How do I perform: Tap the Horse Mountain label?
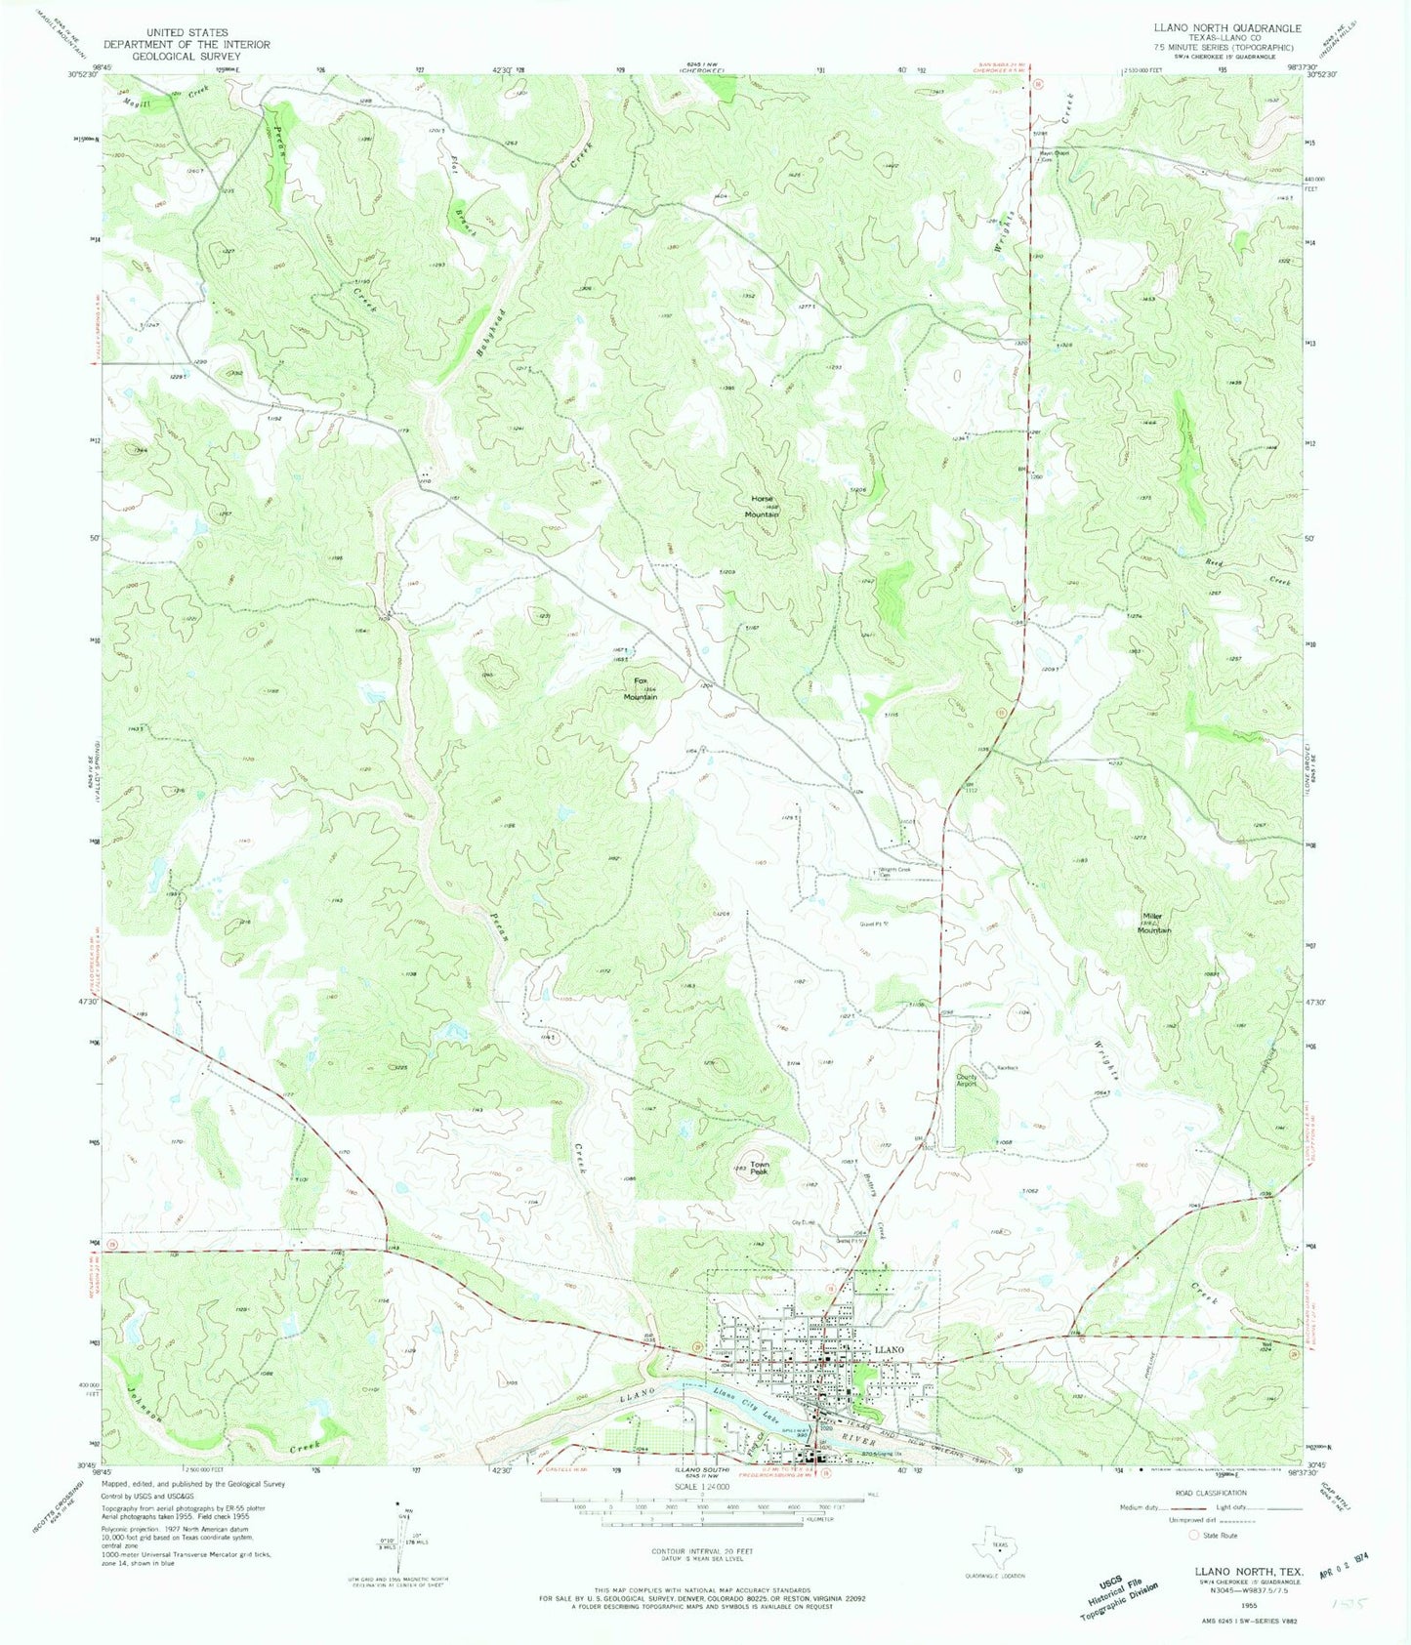coord(761,506)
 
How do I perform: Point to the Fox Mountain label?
coord(641,688)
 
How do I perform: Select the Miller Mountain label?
coord(1153,924)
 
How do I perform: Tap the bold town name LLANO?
coord(890,1349)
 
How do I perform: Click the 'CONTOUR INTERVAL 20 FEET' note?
coord(702,1551)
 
